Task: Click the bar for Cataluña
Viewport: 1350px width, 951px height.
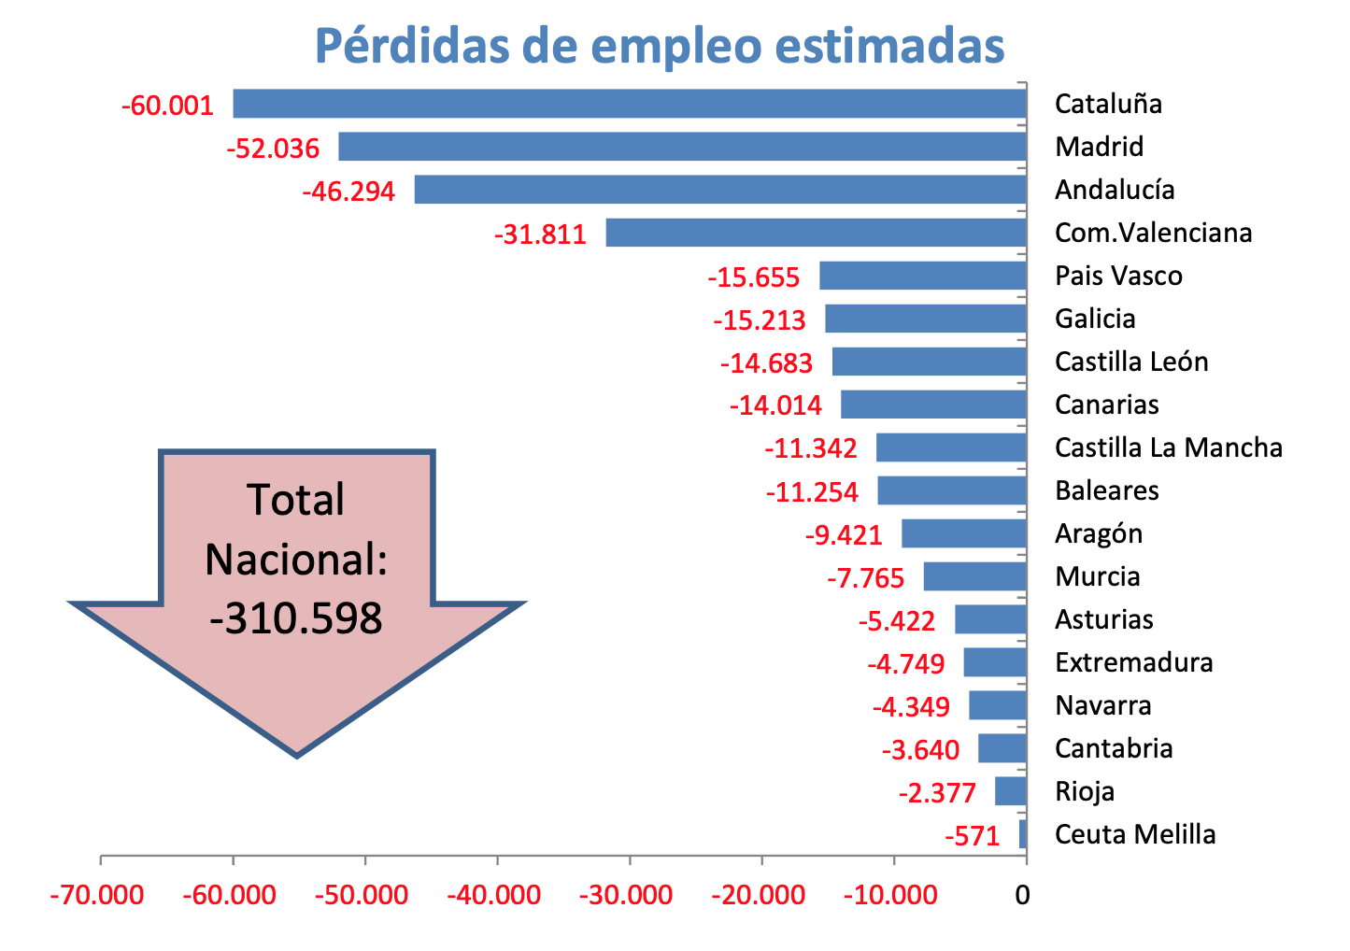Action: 630,104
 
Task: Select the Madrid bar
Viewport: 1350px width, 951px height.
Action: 682,147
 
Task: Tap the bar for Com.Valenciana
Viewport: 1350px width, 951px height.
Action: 816,233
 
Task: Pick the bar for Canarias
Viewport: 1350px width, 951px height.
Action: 933,405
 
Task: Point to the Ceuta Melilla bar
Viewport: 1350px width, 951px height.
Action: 1023,834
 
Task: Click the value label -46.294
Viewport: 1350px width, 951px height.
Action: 348,192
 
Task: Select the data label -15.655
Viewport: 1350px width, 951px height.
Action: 754,277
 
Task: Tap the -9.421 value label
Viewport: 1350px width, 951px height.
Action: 844,535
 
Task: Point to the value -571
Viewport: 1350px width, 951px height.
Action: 973,836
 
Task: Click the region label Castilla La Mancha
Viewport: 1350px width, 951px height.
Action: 1168,447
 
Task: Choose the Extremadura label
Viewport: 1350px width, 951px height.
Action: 1133,662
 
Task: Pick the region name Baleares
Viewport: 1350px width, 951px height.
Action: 1106,490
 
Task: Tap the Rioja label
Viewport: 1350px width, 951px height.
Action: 1085,791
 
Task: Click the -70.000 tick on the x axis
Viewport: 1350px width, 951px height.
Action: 97,895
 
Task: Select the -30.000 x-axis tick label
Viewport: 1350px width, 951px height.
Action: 626,895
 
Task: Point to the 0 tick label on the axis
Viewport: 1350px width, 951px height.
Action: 1023,895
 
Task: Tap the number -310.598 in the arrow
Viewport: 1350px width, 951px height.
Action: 296,618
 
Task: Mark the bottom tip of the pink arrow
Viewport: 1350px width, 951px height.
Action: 297,754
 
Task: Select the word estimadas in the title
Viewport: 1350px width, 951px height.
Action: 889,45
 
